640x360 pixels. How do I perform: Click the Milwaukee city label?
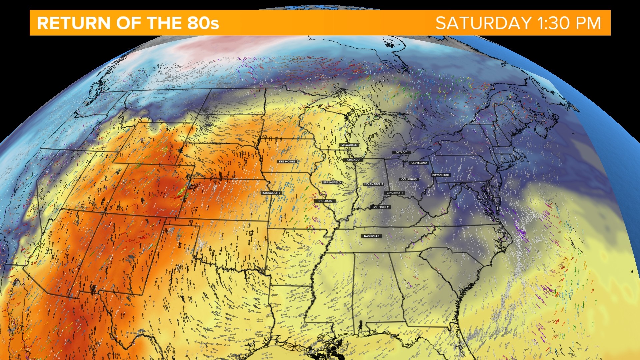[349, 145]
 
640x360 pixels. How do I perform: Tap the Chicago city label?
[353, 160]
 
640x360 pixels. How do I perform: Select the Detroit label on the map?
[401, 152]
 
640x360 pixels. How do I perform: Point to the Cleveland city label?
[419, 163]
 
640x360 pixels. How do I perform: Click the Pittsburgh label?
[441, 175]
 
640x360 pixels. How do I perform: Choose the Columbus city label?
[409, 179]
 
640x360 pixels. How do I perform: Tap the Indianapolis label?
[373, 184]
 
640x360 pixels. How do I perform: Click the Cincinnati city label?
[395, 193]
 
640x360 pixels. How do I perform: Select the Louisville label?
[381, 207]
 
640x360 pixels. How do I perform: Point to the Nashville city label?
[372, 236]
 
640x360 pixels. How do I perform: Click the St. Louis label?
[325, 201]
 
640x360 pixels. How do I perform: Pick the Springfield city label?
[332, 182]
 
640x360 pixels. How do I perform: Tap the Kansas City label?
[271, 193]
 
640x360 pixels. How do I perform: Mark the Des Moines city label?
[287, 161]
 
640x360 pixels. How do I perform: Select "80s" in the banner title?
[203, 23]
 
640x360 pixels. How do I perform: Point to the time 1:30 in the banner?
[553, 23]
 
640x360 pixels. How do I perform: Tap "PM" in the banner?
[588, 23]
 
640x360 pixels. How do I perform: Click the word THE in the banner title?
[165, 23]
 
